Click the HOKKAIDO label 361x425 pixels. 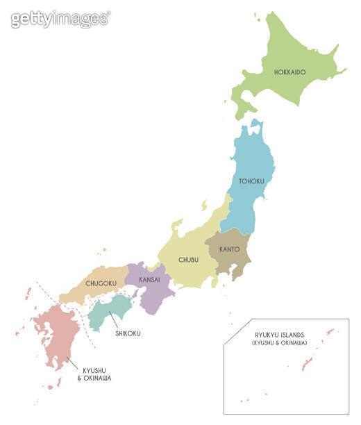(289, 72)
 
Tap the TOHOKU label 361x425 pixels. (251, 181)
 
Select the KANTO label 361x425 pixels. (230, 249)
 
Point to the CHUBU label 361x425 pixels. (188, 260)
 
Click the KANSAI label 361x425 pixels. (149, 279)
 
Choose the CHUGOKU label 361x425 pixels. (101, 283)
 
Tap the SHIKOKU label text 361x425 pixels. (128, 333)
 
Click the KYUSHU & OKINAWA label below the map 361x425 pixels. (96, 374)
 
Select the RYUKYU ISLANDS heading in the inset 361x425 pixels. (279, 335)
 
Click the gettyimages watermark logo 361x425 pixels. (60, 19)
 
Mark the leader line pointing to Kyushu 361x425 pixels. (70, 362)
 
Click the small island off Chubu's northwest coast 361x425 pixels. (203, 206)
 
